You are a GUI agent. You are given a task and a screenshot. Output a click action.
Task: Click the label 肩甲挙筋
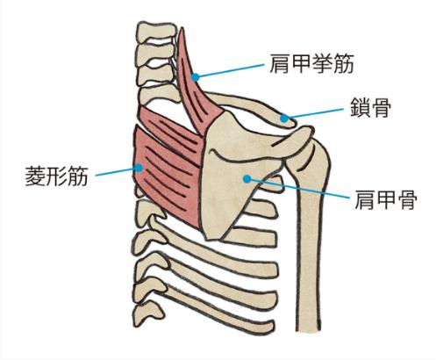[311, 63]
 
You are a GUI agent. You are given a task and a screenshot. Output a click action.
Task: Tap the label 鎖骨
[371, 107]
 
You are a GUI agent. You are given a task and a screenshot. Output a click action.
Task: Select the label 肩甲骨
[386, 199]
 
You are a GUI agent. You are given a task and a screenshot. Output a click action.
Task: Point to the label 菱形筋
[56, 176]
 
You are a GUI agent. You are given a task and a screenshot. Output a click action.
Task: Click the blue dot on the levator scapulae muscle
[196, 77]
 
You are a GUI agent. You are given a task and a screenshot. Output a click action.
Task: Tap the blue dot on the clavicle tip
[284, 119]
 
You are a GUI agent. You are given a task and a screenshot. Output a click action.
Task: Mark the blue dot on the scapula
[247, 178]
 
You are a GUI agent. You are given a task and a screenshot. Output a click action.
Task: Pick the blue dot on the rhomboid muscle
[139, 168]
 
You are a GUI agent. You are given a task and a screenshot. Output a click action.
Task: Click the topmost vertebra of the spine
[156, 31]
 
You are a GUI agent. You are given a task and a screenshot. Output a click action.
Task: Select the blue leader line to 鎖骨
[315, 113]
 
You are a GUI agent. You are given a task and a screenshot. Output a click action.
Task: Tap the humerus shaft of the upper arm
[310, 246]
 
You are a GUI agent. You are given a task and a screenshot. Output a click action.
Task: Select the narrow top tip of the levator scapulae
[182, 29]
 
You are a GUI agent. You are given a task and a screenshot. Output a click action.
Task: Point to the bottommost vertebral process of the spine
[147, 314]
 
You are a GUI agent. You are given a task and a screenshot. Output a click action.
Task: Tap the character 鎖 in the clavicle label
[361, 107]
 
